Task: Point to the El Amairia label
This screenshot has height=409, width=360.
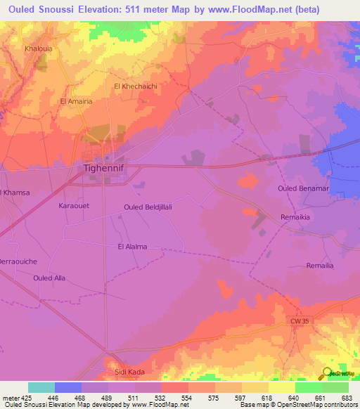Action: [x=76, y=101]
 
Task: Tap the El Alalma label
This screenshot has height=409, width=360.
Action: [x=132, y=247]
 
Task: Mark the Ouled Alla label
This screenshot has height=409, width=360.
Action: [x=49, y=278]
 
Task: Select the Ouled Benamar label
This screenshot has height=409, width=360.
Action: [x=302, y=189]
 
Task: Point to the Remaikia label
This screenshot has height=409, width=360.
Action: [x=295, y=218]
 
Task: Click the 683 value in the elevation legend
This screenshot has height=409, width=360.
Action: [x=347, y=397]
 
